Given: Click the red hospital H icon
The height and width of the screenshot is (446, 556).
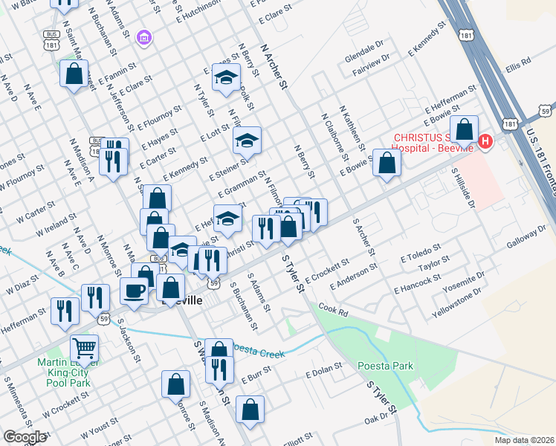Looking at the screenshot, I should pos(486,140).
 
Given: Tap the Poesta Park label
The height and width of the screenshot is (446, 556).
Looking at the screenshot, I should pos(375,366).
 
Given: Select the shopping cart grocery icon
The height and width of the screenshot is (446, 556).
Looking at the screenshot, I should pos(85,346).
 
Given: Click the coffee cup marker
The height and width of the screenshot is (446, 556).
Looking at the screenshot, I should pos(135,290).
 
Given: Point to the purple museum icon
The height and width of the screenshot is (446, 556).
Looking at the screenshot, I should pos(144,37).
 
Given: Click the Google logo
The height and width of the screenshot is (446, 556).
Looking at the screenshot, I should pos(25,437).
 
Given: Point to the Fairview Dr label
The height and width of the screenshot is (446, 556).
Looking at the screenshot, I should pos(365,76).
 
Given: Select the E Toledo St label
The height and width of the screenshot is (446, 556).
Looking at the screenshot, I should pos(421,252).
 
